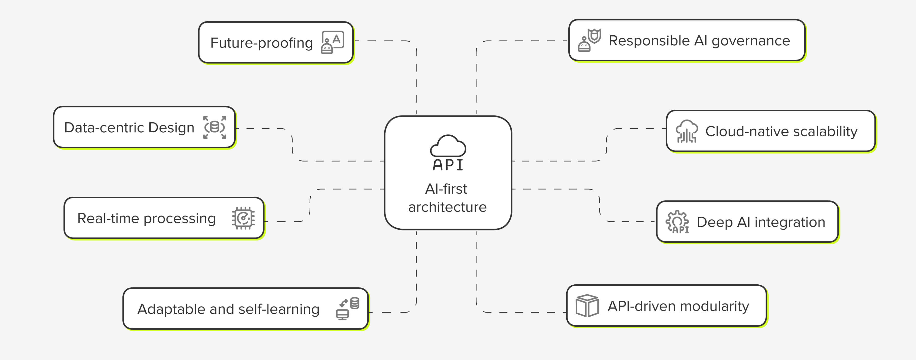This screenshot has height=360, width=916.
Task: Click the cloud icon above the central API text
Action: (448, 146)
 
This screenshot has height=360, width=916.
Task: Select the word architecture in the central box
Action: (447, 207)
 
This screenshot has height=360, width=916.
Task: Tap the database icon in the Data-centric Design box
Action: (214, 127)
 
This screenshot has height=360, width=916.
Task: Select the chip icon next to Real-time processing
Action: (243, 218)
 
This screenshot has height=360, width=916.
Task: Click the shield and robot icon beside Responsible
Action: (589, 40)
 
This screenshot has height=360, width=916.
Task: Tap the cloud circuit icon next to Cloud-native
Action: (686, 131)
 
